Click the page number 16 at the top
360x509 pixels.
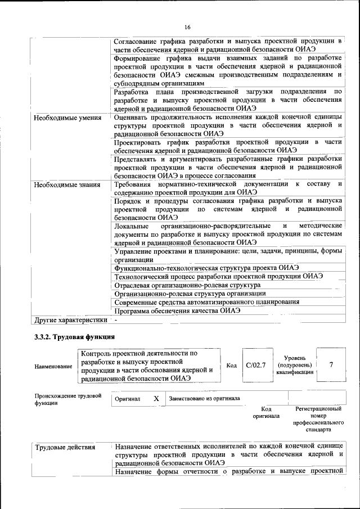pos(187,27)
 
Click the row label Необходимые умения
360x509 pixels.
pos(67,118)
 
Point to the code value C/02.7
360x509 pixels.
pos(256,366)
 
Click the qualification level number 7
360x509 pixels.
pos(331,365)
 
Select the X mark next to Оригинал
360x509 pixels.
pos(156,399)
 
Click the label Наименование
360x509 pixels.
pos(53,367)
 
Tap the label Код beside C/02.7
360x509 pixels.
pos(231,366)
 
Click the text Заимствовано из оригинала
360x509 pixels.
pos(204,399)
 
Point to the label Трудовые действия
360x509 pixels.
pos(65,448)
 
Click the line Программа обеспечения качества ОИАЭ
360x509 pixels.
pos(177,310)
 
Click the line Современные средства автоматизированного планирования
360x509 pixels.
pos(206,302)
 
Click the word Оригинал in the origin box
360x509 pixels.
pos(127,399)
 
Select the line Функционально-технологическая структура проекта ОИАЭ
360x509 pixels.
pos(206,268)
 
